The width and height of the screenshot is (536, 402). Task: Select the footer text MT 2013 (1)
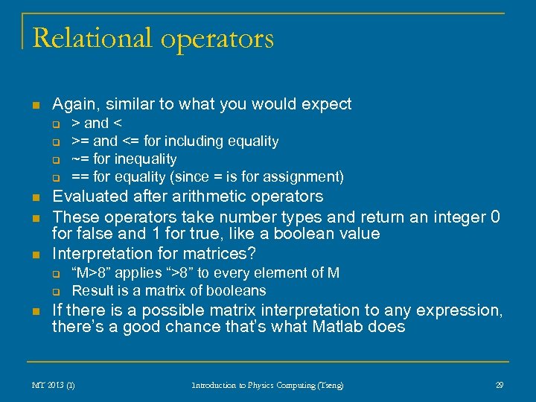pyautogui.click(x=53, y=385)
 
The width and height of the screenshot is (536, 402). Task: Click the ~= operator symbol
pyautogui.click(x=79, y=159)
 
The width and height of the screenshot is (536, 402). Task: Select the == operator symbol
pyautogui.click(x=80, y=177)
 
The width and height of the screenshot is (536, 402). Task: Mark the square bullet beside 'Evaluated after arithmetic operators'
pyautogui.click(x=35, y=197)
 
